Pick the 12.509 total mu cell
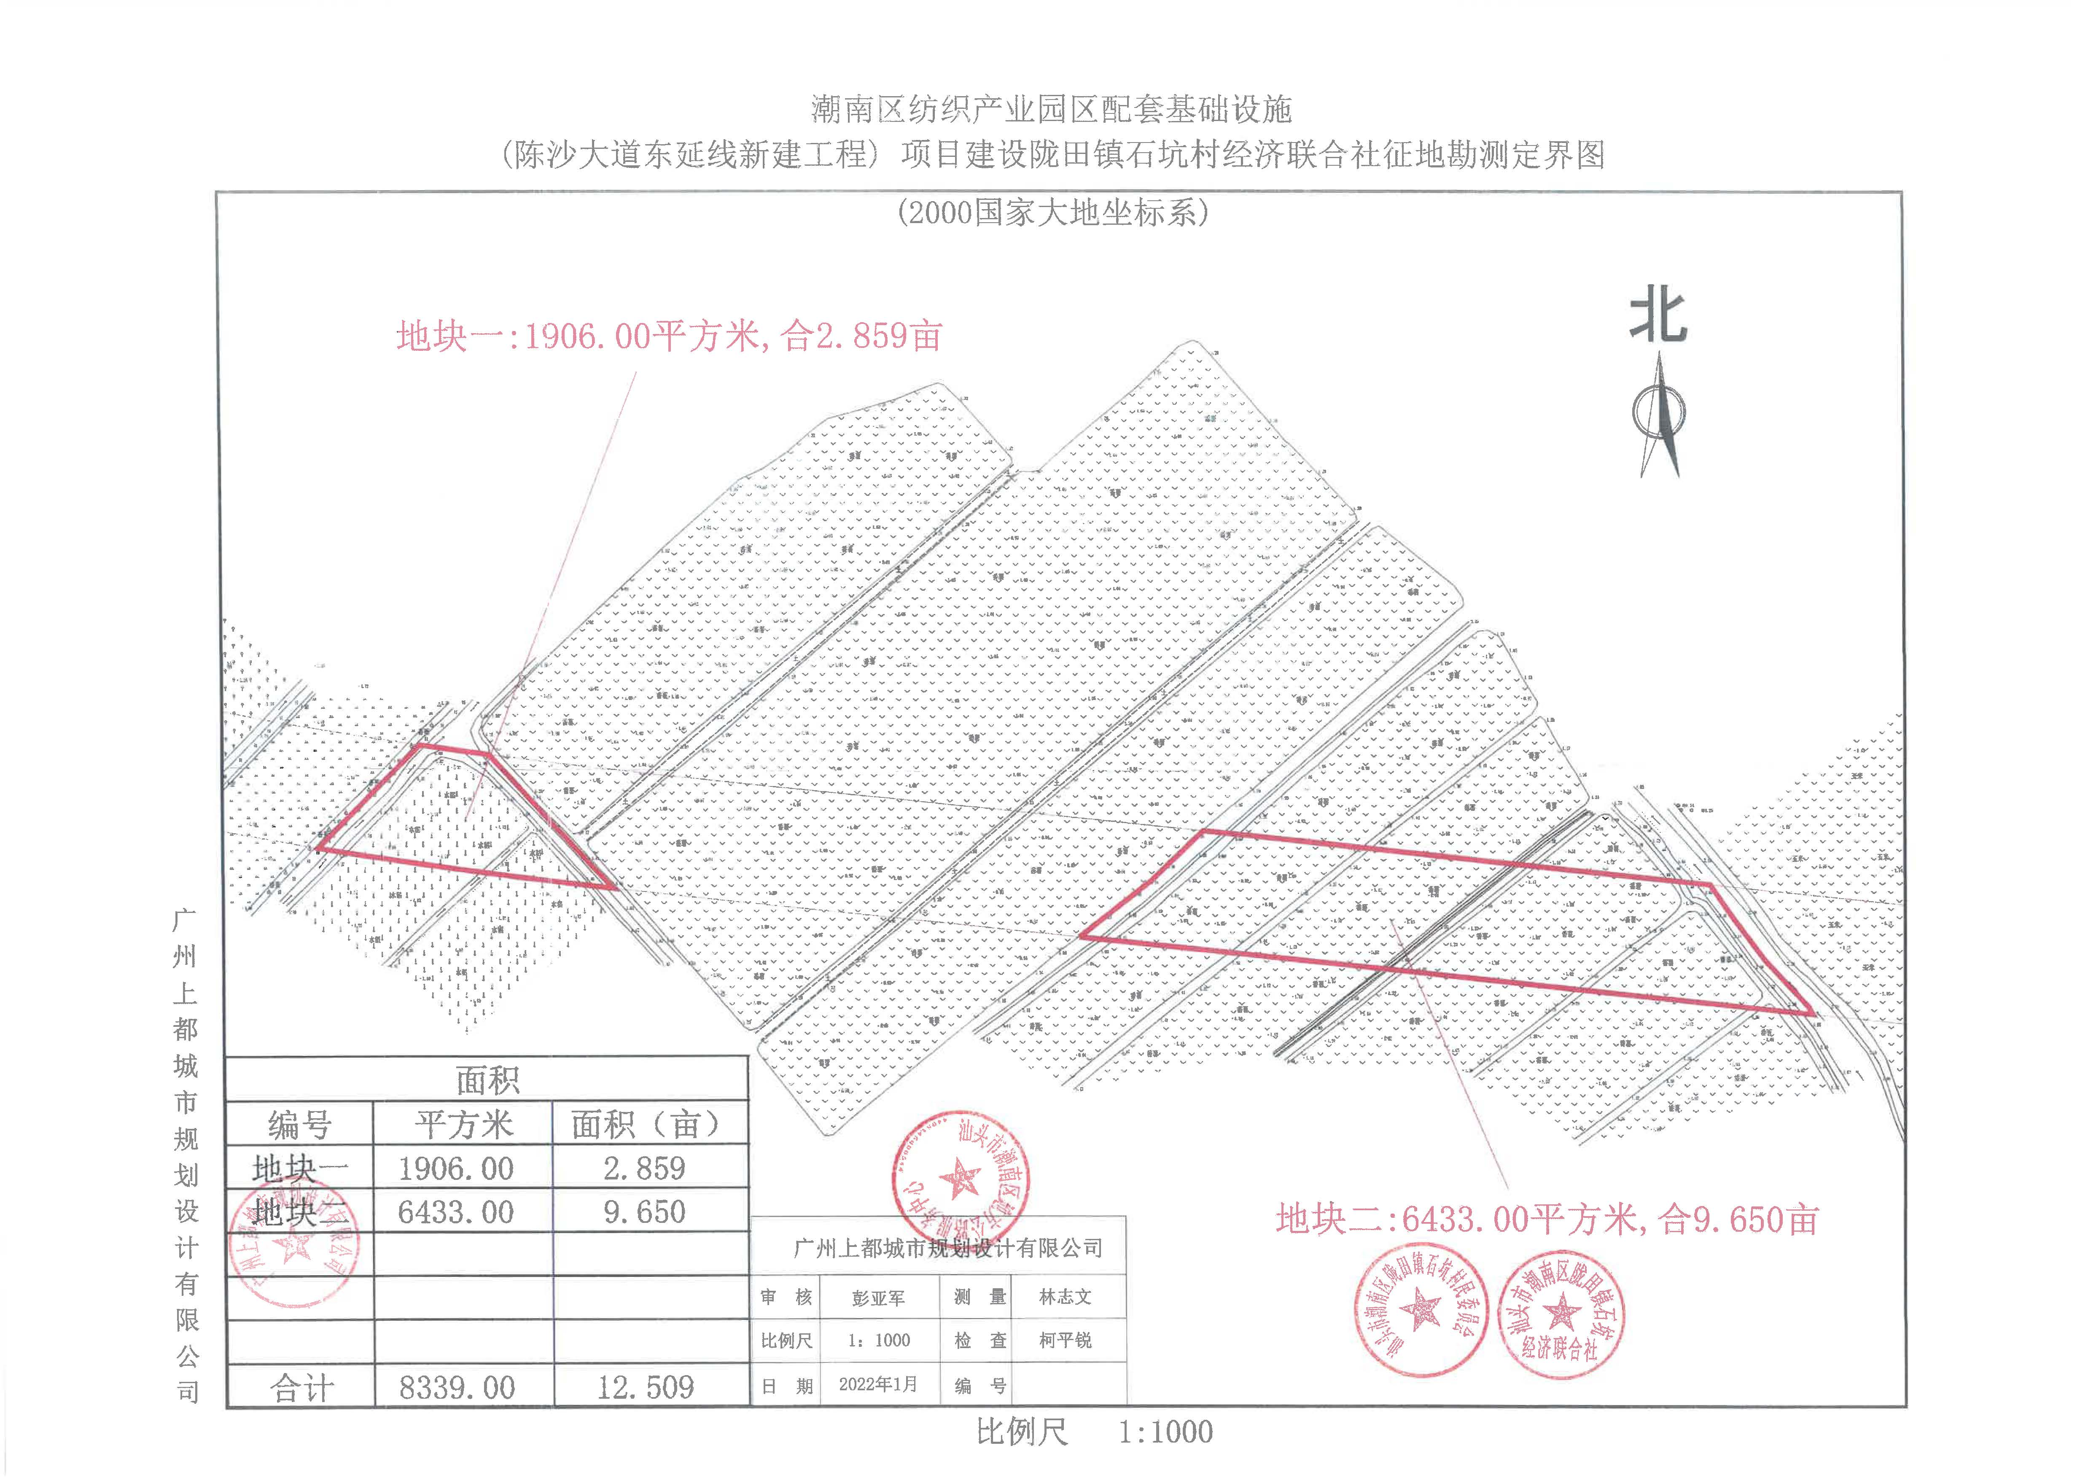click(645, 1387)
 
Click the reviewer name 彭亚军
click(878, 1298)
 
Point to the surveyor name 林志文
click(1065, 1297)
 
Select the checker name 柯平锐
click(1065, 1341)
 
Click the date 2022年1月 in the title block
click(878, 1384)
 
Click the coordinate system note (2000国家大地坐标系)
click(1052, 213)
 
